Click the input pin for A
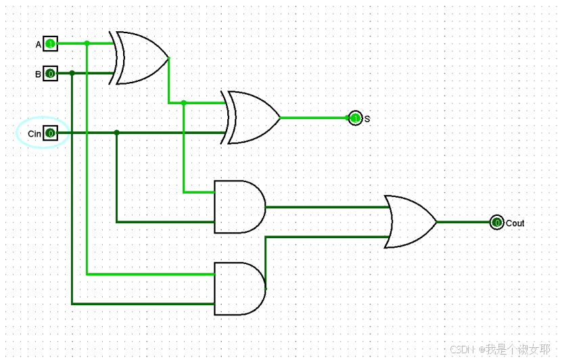coord(50,44)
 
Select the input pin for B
coord(50,73)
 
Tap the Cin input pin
coord(50,133)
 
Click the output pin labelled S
coord(355,118)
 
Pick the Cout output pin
coord(496,222)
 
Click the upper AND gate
coord(239,206)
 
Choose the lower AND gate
coord(239,289)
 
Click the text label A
coord(39,45)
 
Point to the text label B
coord(39,74)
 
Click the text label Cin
coord(34,134)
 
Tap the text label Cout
coord(515,223)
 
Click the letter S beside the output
coord(367,119)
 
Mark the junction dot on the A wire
coord(87,43)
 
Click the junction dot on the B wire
coord(72,72)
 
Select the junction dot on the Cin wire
coord(116,133)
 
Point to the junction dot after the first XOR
coord(183,103)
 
